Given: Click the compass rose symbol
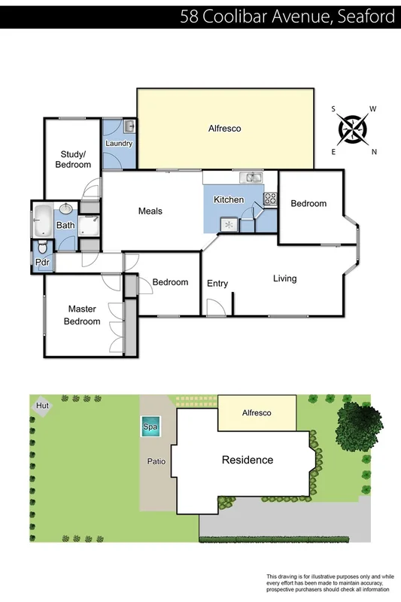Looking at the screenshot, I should click(353, 129).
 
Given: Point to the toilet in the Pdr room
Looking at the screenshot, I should click(42, 248).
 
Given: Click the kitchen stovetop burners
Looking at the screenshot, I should click(269, 199).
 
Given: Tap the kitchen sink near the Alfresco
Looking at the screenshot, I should click(251, 178).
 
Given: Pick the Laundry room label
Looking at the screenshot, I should click(119, 143).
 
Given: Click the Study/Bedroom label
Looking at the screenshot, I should click(75, 160).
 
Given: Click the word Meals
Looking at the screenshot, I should click(150, 211).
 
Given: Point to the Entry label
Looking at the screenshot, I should click(217, 283).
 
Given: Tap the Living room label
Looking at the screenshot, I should click(284, 278).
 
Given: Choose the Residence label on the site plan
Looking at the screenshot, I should click(247, 460).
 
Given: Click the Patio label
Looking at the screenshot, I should click(156, 461).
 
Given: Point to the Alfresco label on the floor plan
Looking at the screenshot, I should click(224, 129).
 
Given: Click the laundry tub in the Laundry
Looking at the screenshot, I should click(129, 126).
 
